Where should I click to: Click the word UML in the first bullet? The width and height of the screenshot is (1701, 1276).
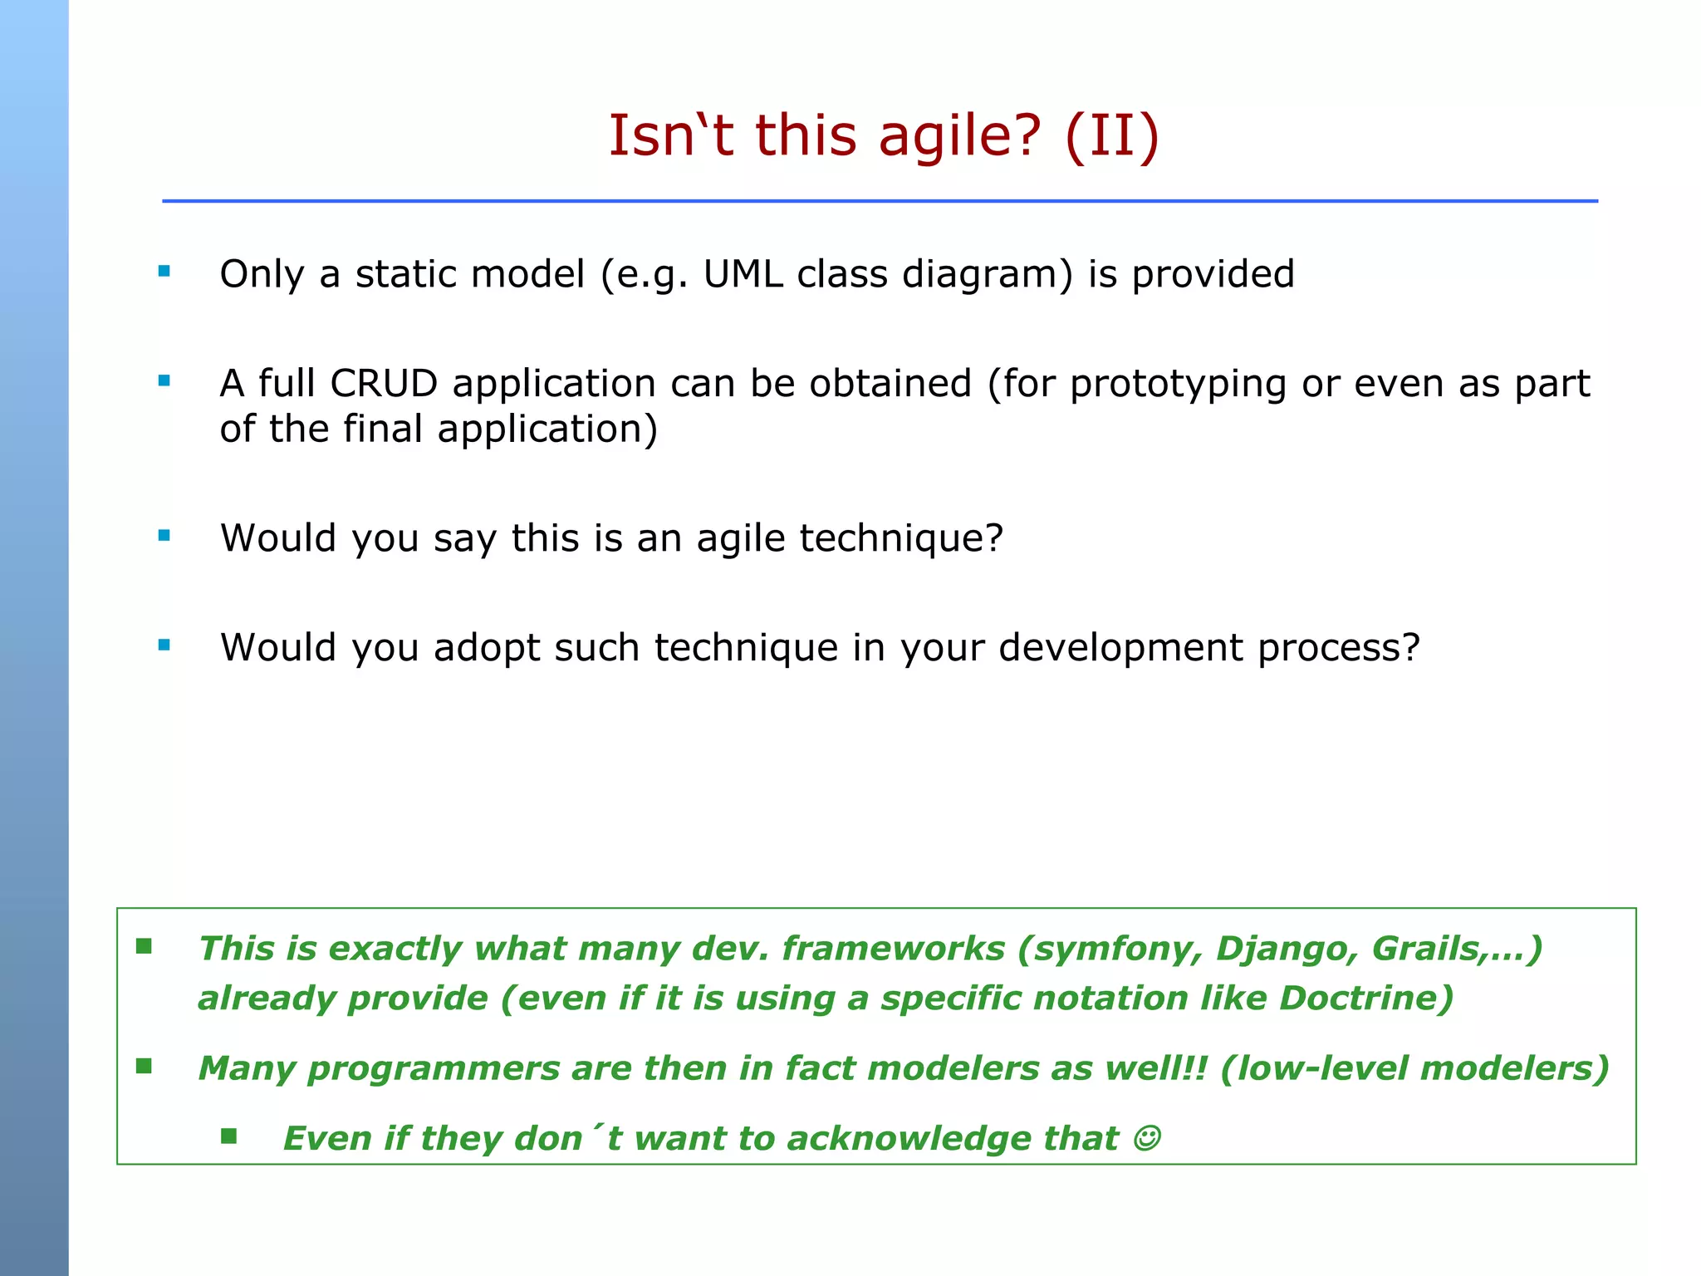point(743,274)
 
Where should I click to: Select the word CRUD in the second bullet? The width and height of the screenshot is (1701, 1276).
point(383,384)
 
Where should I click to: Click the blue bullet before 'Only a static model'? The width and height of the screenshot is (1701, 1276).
point(164,271)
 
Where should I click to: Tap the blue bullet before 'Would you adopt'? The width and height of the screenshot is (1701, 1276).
point(164,645)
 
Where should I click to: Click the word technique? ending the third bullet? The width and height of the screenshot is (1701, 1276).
point(901,538)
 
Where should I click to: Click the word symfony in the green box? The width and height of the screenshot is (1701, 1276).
point(1110,949)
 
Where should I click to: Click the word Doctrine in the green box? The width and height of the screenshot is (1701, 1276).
point(1365,998)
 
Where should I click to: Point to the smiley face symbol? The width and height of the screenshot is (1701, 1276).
point(1147,1138)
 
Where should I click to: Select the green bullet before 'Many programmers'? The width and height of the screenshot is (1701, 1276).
point(144,1066)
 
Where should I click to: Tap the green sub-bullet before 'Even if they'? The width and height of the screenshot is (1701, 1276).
point(229,1136)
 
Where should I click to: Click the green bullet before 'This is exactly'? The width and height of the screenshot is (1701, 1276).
point(144,946)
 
